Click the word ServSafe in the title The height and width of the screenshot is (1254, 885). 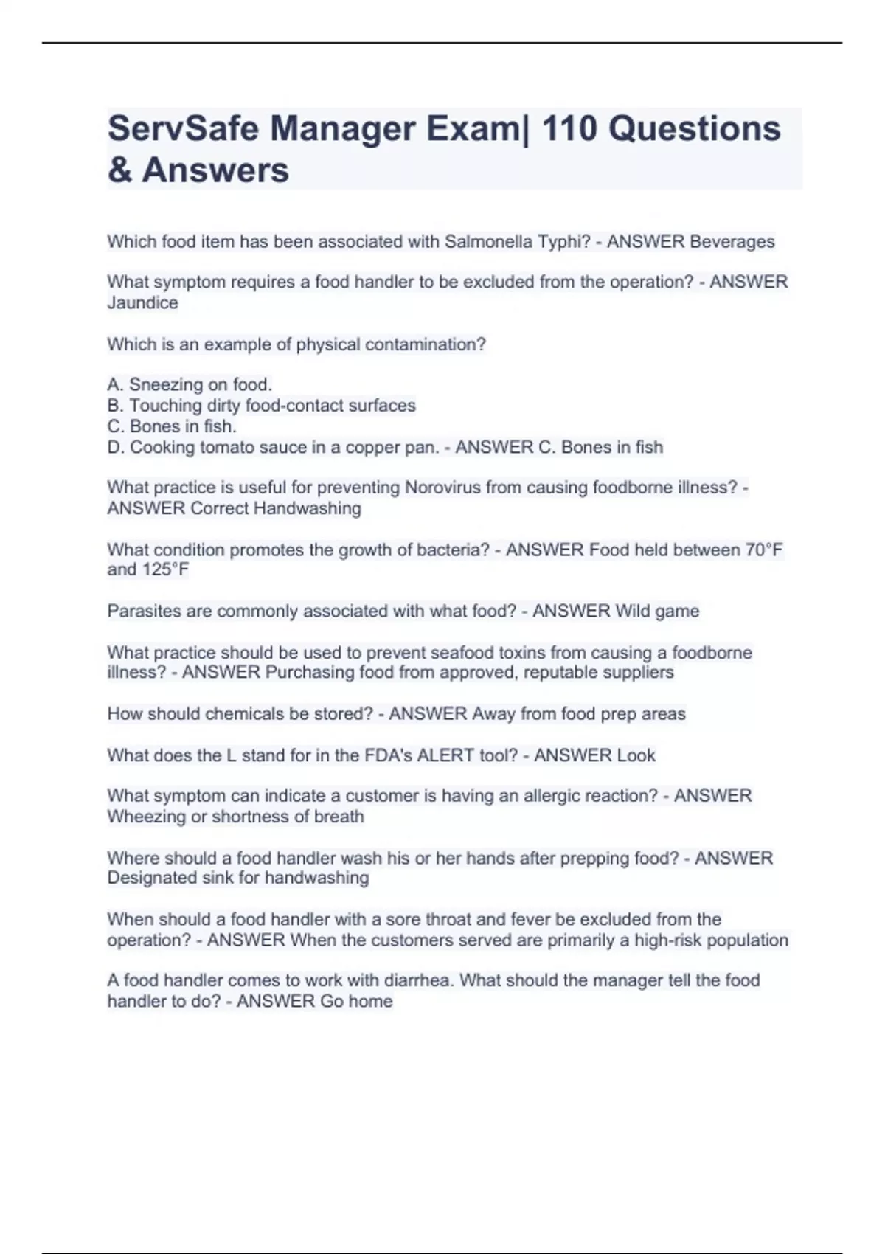[182, 129]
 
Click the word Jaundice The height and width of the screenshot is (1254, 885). [142, 303]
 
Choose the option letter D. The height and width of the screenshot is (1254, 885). [114, 447]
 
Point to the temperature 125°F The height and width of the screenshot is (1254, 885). [165, 569]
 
